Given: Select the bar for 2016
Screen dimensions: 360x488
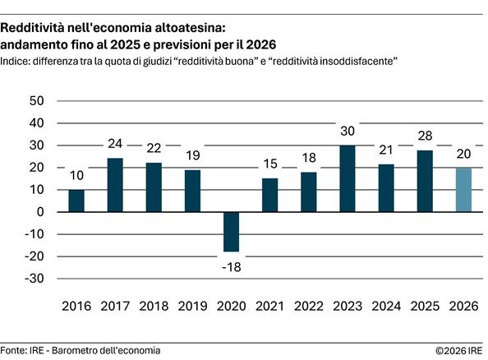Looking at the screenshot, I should (x=76, y=201).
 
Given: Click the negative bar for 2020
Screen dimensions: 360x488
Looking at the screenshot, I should (x=231, y=232).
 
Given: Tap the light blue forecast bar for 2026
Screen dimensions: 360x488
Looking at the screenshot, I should (x=463, y=190).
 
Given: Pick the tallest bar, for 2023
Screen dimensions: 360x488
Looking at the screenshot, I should (x=347, y=178).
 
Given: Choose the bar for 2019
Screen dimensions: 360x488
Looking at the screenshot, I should (x=192, y=191).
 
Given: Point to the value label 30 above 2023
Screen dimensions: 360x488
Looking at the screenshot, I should (x=347, y=132).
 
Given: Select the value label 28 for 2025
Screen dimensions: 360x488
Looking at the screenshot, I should (x=425, y=136).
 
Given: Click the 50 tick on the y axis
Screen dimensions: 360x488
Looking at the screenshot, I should (x=35, y=101).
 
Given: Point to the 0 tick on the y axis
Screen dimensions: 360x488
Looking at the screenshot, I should (x=39, y=212).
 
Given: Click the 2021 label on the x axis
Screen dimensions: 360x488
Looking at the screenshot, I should (x=269, y=307).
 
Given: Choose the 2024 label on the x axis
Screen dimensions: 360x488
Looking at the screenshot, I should (x=386, y=307).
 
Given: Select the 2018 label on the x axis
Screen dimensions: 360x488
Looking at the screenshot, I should (x=154, y=307).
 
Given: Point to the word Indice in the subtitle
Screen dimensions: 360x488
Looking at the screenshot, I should (x=17, y=61).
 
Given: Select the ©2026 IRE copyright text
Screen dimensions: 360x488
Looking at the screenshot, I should (x=460, y=351).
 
